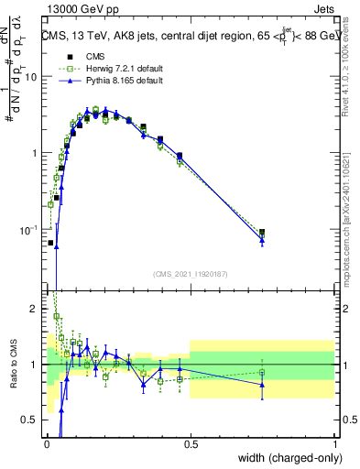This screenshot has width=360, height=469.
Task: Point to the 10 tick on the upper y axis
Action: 32,77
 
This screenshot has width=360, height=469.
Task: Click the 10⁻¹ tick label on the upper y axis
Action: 30,230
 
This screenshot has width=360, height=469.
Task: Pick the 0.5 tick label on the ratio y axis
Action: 32,420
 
